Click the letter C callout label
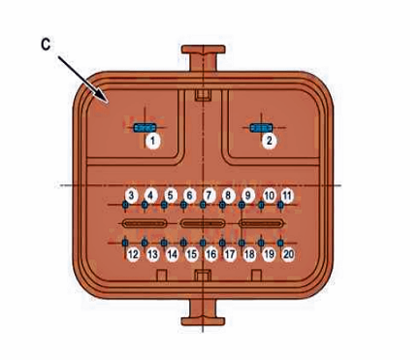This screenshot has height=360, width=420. click(x=46, y=45)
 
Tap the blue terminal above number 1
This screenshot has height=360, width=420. click(x=145, y=128)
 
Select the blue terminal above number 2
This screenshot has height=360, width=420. click(x=261, y=128)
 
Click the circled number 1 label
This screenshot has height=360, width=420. click(x=152, y=142)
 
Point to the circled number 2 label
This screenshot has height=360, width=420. click(x=270, y=141)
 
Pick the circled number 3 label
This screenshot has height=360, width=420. click(x=131, y=196)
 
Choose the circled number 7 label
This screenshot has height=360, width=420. click(x=209, y=196)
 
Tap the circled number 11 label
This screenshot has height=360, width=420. click(x=287, y=196)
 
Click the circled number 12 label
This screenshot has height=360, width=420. click(x=133, y=254)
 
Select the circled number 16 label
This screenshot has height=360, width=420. click(x=210, y=254)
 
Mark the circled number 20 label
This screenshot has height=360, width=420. click(x=288, y=254)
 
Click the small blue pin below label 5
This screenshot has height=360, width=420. click(x=164, y=205)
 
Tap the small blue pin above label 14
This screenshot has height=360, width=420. click(x=164, y=243)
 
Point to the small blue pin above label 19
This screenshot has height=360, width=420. click(x=261, y=243)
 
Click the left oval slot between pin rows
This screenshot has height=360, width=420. click(x=145, y=223)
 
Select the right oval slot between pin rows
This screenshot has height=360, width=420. click(x=261, y=223)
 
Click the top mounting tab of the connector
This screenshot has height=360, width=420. click(x=203, y=57)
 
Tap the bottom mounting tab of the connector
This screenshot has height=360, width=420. click(x=203, y=312)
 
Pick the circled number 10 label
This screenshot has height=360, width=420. click(x=269, y=196)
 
